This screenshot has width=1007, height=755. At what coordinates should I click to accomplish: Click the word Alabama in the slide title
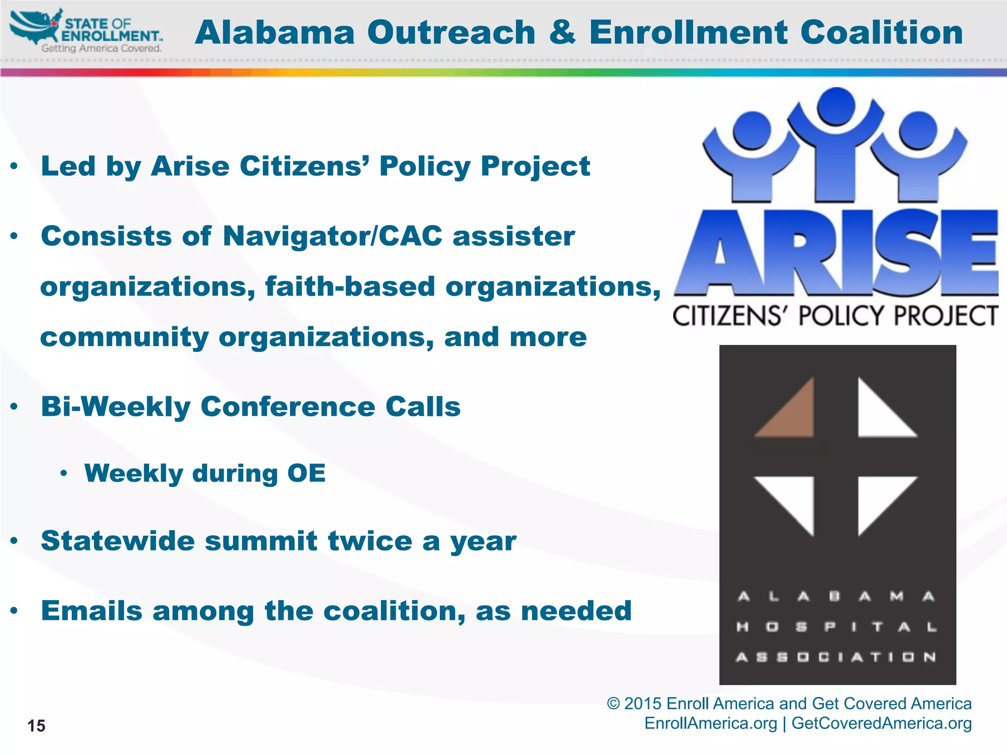click(x=274, y=32)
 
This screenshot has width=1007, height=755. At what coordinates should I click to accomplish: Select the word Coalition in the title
click(x=881, y=32)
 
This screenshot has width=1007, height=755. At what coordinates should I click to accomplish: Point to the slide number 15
click(x=36, y=726)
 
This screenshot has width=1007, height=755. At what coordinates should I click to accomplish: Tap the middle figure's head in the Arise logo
click(x=836, y=105)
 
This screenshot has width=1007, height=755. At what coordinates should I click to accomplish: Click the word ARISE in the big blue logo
click(x=836, y=253)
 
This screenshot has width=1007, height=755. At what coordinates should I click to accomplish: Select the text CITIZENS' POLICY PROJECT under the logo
click(x=835, y=316)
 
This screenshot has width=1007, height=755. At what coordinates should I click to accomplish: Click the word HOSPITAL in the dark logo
click(x=836, y=627)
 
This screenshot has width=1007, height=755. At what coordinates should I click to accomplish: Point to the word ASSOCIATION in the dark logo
click(x=836, y=657)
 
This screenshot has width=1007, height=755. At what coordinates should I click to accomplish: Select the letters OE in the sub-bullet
click(x=306, y=473)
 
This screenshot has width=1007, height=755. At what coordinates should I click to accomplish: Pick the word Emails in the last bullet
click(x=92, y=611)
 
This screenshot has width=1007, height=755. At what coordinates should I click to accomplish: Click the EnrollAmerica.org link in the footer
click(x=711, y=724)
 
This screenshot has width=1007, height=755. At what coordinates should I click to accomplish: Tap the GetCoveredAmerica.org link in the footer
click(x=881, y=724)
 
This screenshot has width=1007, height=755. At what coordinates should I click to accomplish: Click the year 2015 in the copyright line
click(x=643, y=704)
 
